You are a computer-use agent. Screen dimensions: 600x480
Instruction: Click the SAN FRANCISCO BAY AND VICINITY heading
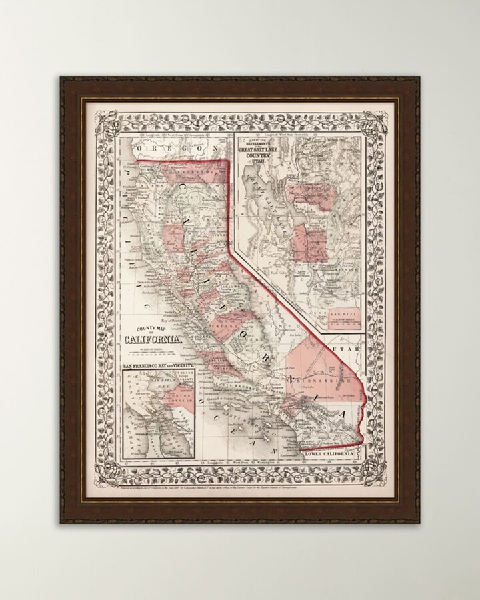[x=159, y=366]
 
